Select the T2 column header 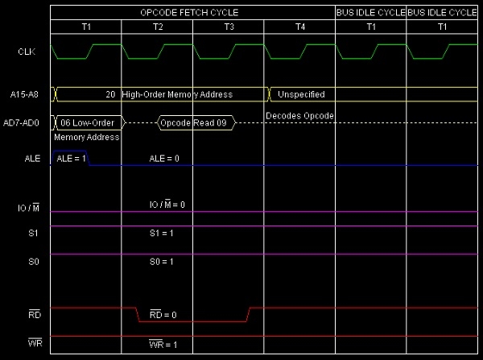point(157,27)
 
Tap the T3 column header point(229,27)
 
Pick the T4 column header point(300,27)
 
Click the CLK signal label point(26,52)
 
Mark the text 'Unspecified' point(301,94)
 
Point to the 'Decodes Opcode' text point(299,116)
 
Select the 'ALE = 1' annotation point(70,159)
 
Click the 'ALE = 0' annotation point(164,159)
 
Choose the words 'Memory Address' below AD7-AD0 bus point(86,137)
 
